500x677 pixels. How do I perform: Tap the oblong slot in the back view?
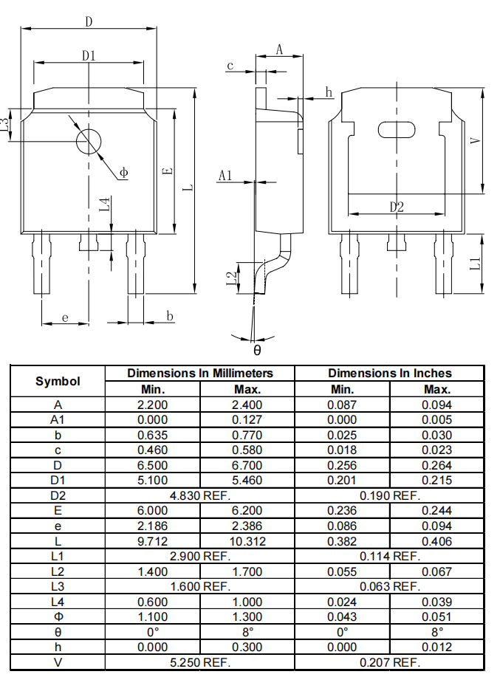click(397, 130)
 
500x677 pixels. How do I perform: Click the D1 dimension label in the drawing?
click(89, 55)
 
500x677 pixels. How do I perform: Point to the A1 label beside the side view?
click(226, 176)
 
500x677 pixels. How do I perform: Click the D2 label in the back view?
click(397, 207)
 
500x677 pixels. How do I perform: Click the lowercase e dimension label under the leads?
click(65, 318)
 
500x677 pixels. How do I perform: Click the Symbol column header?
click(58, 381)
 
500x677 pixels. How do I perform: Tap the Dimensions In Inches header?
click(389, 374)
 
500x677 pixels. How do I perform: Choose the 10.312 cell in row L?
click(247, 541)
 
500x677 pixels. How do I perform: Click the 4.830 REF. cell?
click(199, 495)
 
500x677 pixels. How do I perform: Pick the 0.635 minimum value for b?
click(152, 435)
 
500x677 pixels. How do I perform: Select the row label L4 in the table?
click(58, 602)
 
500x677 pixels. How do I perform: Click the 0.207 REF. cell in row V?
click(389, 662)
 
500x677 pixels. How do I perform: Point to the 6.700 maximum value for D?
click(247, 465)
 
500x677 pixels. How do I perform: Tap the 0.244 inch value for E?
click(436, 511)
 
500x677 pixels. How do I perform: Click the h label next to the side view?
click(329, 92)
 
